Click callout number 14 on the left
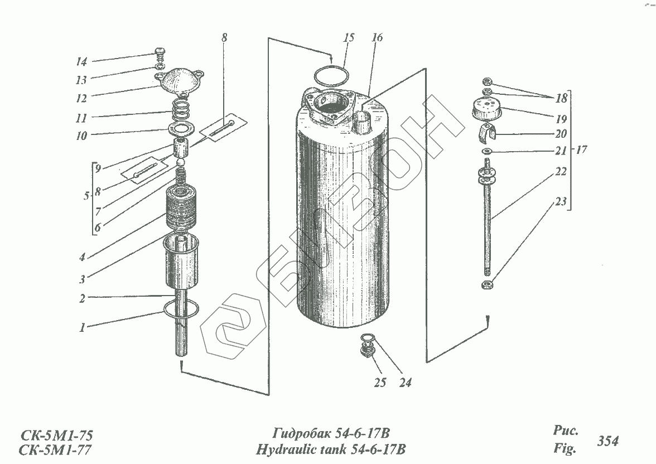point(81,61)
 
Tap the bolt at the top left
point(159,56)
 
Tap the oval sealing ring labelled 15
point(331,76)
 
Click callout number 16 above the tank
point(377,38)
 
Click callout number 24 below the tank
point(405,383)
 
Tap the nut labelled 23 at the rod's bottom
point(487,286)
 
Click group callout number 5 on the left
point(86,196)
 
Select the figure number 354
point(607,441)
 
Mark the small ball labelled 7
point(181,162)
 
